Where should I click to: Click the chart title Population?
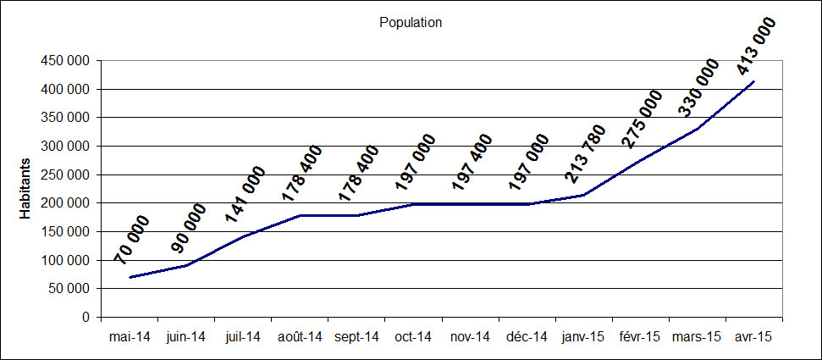(x=411, y=23)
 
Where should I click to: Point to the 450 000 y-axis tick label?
(x=64, y=61)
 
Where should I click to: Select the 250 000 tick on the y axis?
(x=64, y=174)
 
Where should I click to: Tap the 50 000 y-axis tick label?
(x=68, y=289)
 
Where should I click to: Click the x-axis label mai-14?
(x=130, y=336)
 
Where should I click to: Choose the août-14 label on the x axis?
(x=301, y=336)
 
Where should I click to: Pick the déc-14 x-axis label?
(x=527, y=336)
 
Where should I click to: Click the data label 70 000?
(x=132, y=241)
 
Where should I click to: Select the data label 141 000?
(x=245, y=195)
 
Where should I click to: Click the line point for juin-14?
(x=186, y=265)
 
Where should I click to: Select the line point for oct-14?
(x=413, y=204)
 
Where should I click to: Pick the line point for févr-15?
(x=641, y=160)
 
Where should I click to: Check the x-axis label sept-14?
(x=356, y=336)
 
